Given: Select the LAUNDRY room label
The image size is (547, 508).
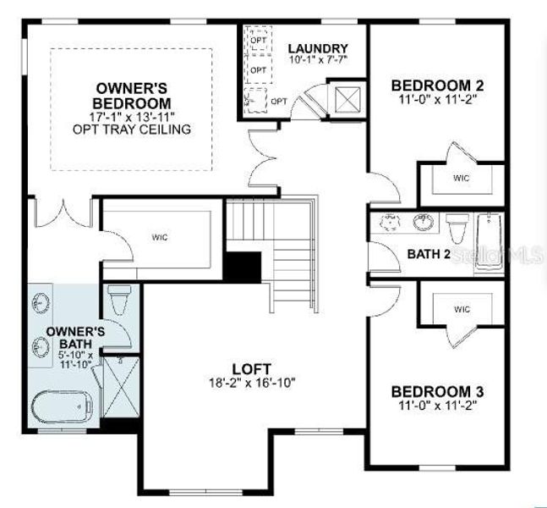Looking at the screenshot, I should [317, 48].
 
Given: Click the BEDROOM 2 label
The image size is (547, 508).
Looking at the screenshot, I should [437, 85].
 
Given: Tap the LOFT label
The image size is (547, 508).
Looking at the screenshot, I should [252, 368].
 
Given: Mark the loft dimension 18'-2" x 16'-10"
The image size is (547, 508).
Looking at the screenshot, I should [252, 382].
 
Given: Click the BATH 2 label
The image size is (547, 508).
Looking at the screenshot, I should [429, 253].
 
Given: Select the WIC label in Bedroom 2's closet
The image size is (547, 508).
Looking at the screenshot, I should [462, 178].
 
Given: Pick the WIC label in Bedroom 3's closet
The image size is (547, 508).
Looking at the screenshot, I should [462, 309].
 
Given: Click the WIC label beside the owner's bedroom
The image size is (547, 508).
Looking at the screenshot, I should [160, 237].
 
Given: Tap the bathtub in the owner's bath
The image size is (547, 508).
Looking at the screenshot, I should [62, 407].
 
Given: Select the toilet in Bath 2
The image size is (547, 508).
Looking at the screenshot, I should [457, 227].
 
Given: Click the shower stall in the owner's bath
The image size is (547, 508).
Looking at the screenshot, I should [120, 389].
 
